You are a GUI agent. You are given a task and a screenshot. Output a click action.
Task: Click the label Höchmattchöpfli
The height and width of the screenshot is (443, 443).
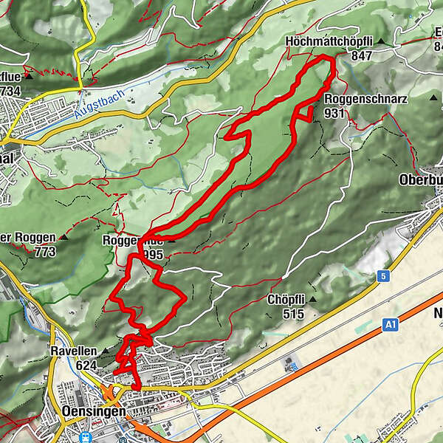tap(329, 42)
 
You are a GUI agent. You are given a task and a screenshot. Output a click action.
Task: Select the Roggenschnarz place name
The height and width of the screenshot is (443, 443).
tap(357, 100)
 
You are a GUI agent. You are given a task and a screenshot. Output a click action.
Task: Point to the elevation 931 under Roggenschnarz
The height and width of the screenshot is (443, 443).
tap(334, 113)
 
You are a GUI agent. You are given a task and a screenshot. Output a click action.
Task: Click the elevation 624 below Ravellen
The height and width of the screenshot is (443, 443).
tap(86, 364)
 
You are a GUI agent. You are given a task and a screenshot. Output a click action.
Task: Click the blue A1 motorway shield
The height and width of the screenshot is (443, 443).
tap(391, 323)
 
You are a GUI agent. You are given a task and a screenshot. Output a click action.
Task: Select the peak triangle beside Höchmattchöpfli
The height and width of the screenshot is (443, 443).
tap(381, 42)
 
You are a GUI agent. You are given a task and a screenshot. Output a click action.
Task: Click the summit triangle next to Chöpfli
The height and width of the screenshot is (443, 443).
tap(312, 300)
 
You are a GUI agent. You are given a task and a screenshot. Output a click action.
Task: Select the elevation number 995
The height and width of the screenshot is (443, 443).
tap(154, 254)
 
